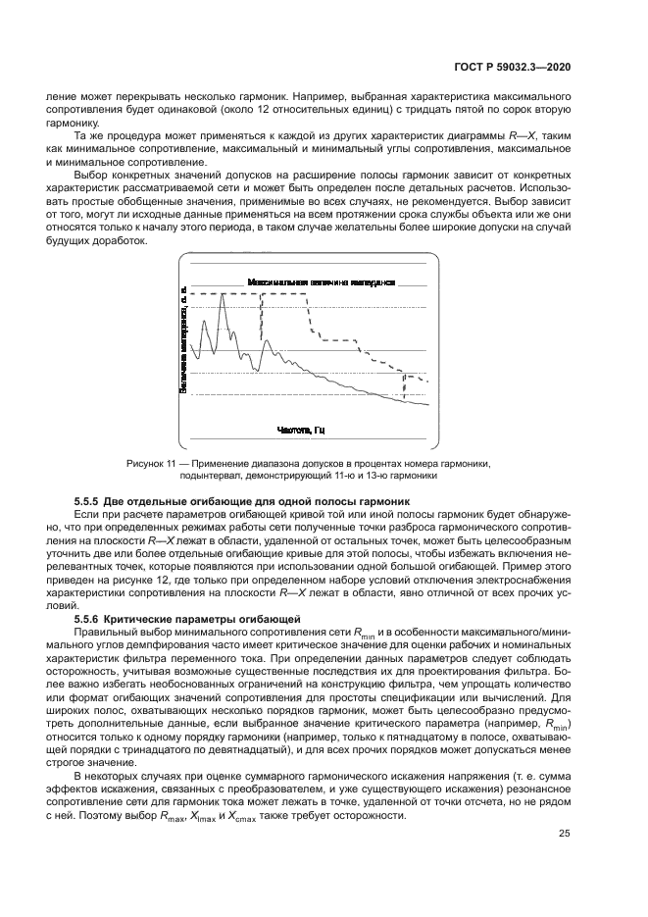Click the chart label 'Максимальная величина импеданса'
[322, 281]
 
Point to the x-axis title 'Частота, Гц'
[301, 430]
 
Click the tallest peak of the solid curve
[223, 295]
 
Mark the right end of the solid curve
[428, 405]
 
